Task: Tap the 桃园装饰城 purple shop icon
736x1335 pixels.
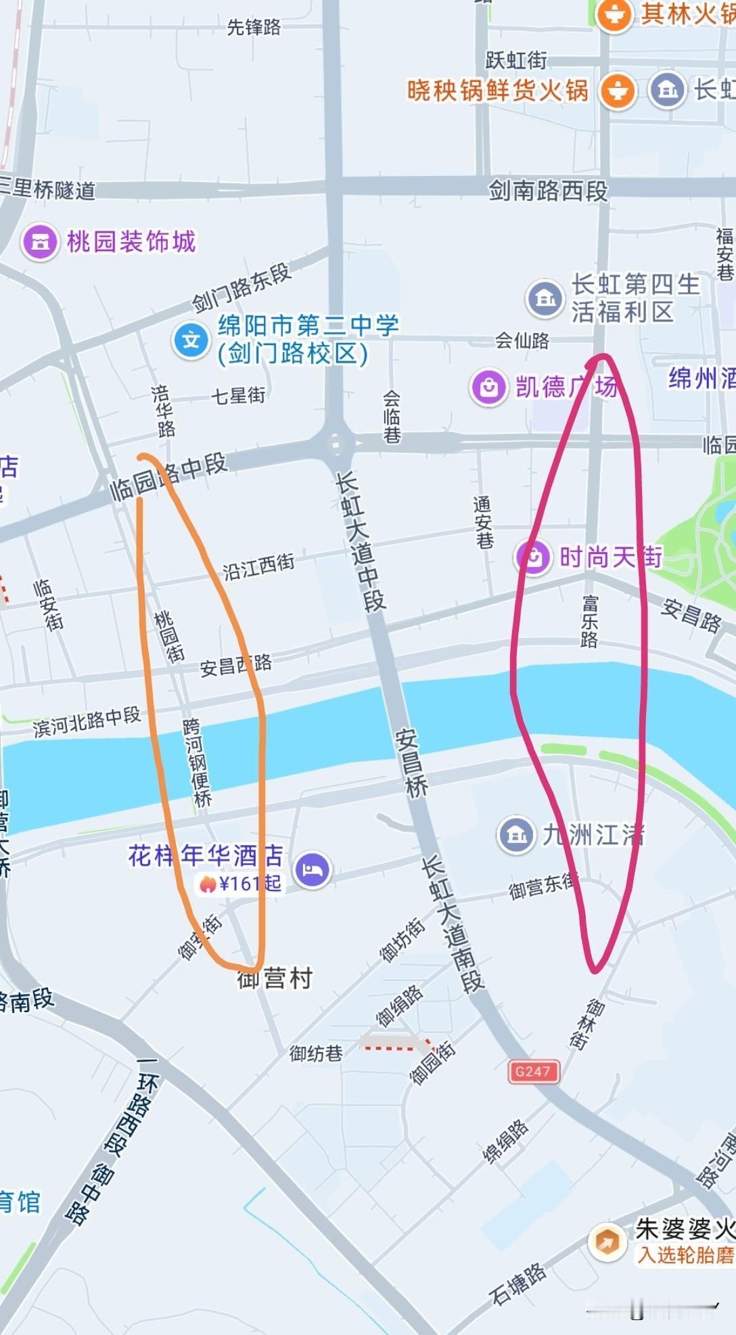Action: [40, 242]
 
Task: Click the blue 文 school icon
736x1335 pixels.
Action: [191, 340]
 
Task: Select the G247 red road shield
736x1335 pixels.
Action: [533, 1071]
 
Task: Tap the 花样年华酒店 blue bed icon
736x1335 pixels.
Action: [312, 869]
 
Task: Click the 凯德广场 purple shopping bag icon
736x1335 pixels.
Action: [488, 387]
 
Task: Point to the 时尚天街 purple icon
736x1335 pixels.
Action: [534, 558]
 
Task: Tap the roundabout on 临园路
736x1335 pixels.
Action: [336, 445]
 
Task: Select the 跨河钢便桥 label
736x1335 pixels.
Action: [197, 763]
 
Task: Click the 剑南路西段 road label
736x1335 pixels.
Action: [548, 191]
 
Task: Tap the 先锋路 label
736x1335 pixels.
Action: [254, 27]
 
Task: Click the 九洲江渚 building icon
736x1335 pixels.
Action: [517, 835]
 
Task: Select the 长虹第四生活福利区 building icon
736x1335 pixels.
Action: [545, 298]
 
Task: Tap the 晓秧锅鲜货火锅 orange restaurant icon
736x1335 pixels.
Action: [617, 90]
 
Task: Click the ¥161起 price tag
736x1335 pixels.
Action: [241, 884]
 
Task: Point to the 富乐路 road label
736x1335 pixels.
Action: [590, 621]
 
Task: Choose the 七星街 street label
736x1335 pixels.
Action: [238, 395]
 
